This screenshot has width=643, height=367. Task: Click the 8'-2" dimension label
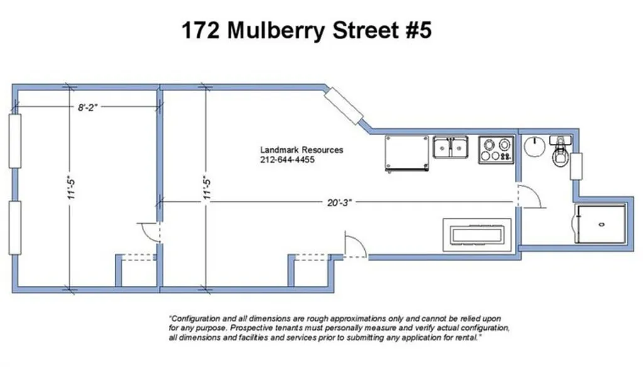[88, 107]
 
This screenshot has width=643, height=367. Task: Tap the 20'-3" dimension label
[339, 202]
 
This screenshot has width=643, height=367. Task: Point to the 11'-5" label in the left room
[72, 189]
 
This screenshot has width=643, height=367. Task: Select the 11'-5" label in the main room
[207, 189]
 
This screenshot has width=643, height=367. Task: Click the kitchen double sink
[450, 148]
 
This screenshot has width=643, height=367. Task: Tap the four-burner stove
[496, 150]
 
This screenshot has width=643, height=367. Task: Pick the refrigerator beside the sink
[407, 153]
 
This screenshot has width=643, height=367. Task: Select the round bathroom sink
[534, 146]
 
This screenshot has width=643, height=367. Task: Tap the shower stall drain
[602, 224]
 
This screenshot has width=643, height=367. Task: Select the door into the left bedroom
[149, 233]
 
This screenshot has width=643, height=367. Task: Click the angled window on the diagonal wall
[343, 106]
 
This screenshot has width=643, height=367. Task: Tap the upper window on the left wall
[15, 141]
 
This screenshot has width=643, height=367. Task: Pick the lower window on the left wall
[15, 228]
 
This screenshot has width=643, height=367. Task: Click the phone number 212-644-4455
[287, 160]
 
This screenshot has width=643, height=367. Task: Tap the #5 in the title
[419, 30]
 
